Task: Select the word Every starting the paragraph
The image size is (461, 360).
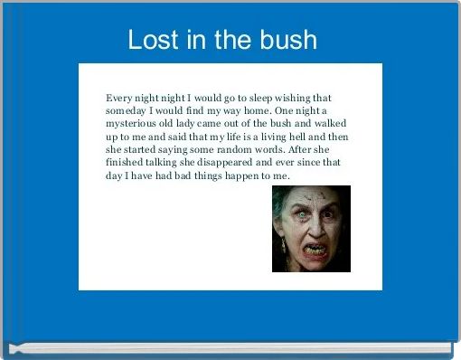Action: (120, 98)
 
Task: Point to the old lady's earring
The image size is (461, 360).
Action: (283, 245)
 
